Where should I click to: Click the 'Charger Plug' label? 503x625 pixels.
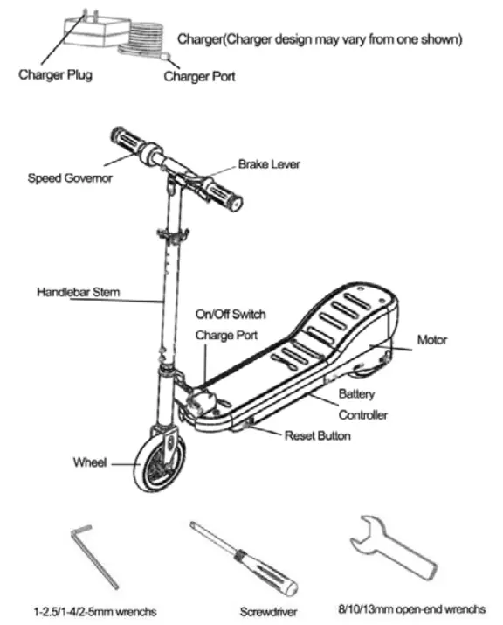tap(55, 75)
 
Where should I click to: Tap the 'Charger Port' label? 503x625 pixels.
tap(199, 77)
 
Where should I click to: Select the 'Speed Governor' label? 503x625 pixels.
tap(70, 177)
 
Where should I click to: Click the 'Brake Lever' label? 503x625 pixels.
tap(269, 163)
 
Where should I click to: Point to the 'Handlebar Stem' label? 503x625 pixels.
tap(78, 292)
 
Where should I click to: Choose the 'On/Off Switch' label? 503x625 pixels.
tap(231, 314)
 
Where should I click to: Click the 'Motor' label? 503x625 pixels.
tap(431, 340)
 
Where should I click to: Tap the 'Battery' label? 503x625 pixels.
tap(356, 394)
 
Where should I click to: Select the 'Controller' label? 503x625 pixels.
tap(362, 415)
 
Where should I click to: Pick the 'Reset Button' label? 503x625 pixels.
tap(317, 435)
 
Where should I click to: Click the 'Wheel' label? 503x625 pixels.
tap(90, 462)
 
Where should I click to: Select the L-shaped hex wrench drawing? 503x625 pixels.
tap(93, 556)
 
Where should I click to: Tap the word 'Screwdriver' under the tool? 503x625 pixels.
tap(268, 612)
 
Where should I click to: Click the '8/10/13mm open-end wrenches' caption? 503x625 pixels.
tap(412, 609)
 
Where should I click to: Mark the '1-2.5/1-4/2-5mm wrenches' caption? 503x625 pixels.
tap(95, 611)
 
